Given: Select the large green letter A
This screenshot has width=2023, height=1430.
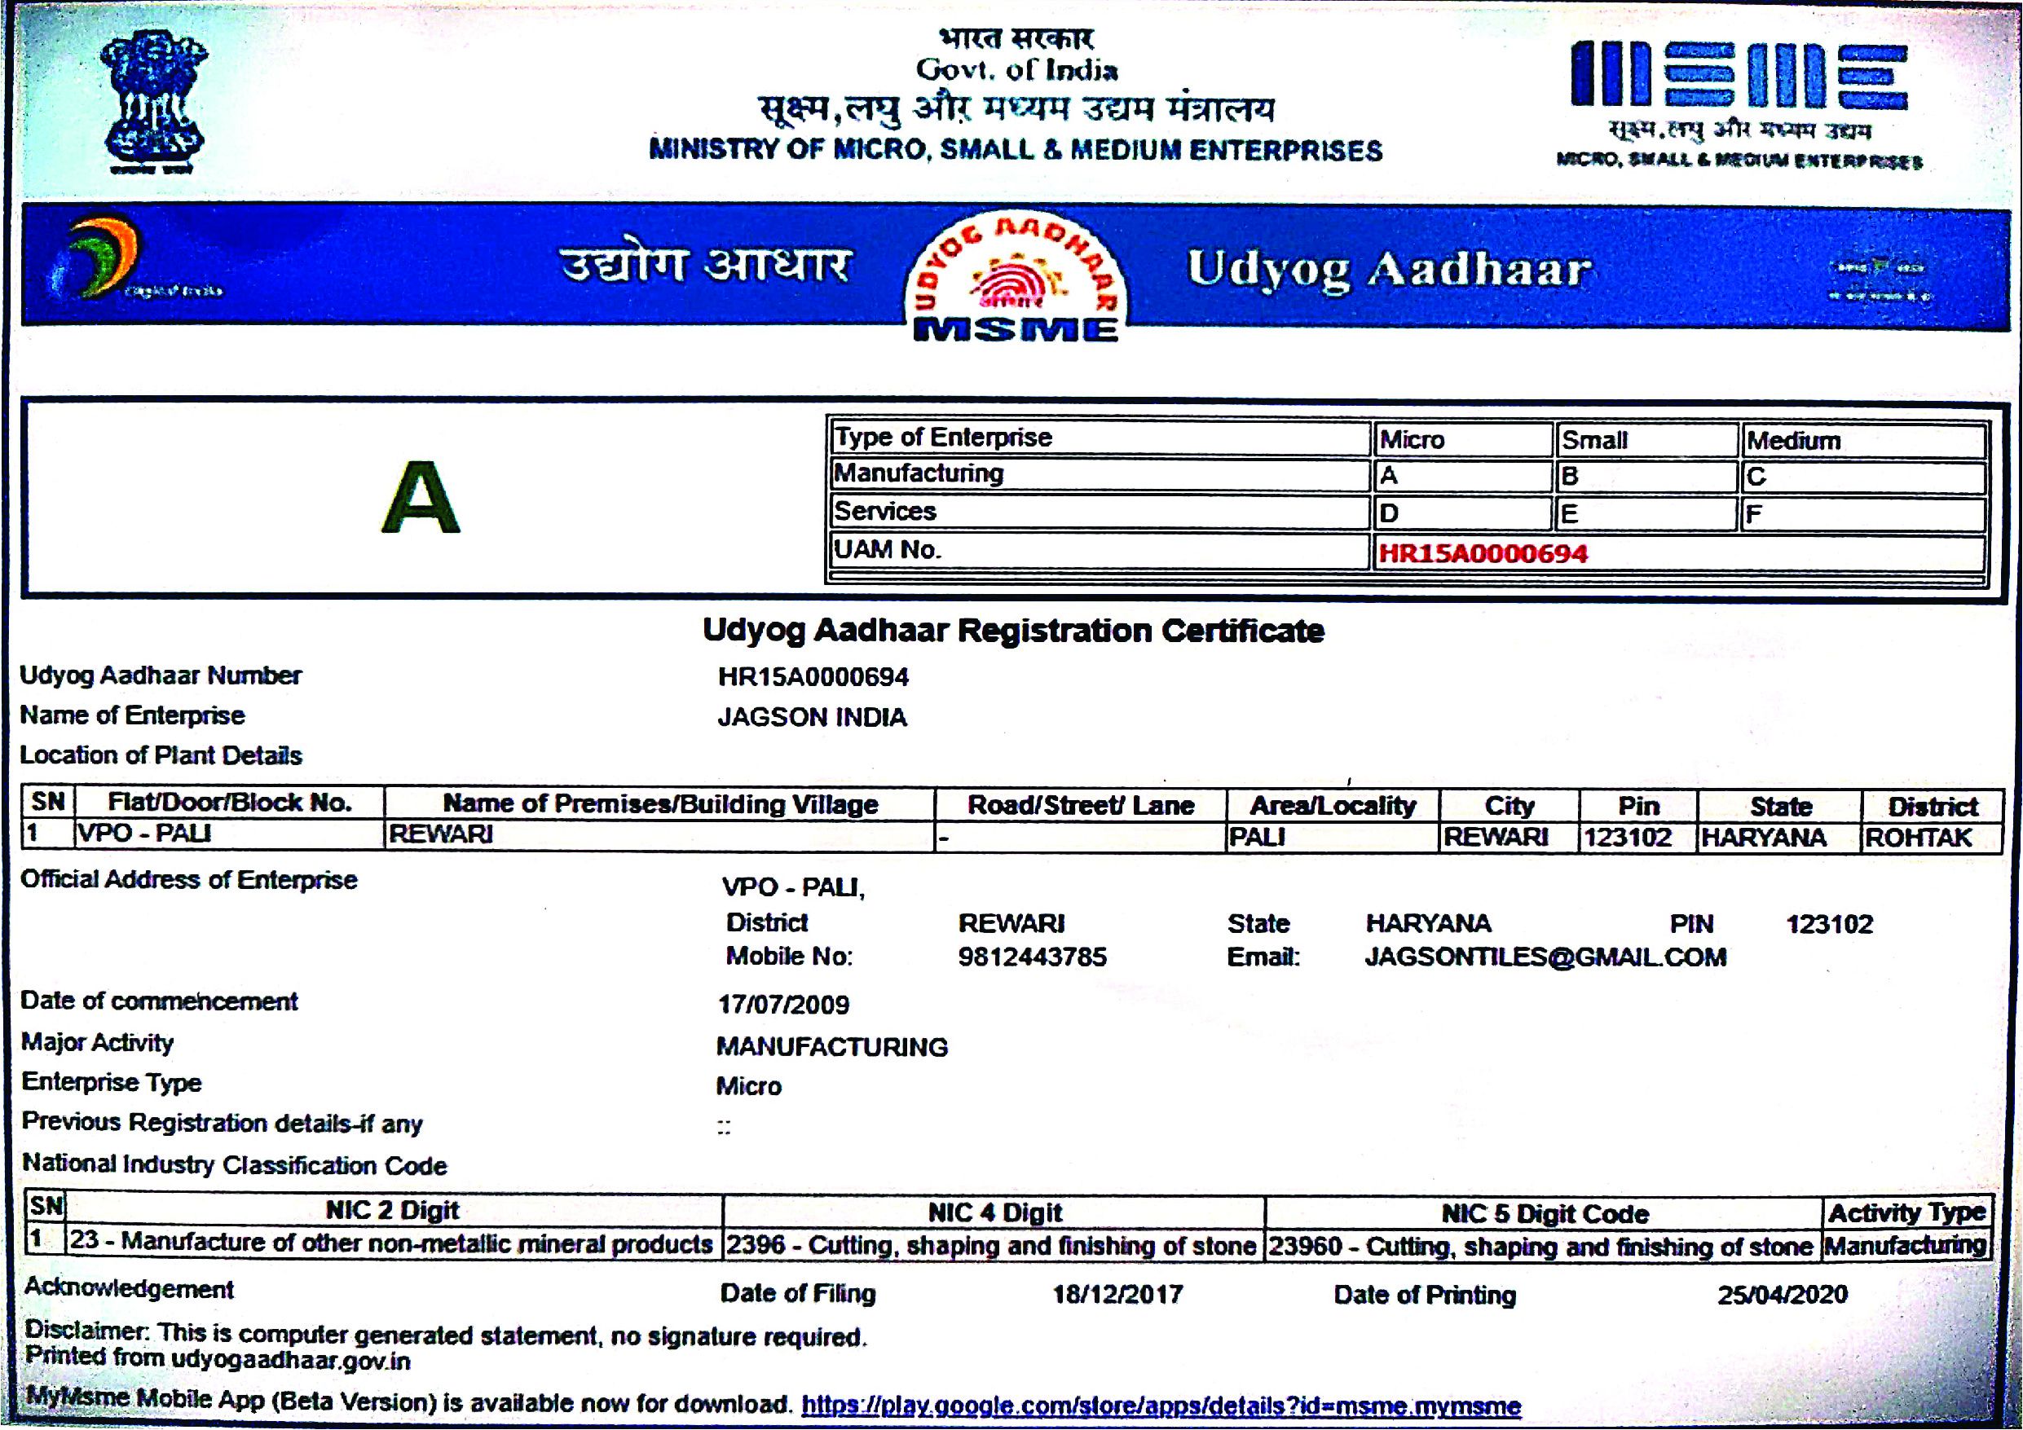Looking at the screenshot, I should pos(421,499).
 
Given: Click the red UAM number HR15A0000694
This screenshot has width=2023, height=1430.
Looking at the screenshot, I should pos(1483,553).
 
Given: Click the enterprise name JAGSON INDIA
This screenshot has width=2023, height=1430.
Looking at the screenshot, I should pos(812,717).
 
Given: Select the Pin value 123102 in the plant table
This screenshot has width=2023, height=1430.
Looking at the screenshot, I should pos(1627,836).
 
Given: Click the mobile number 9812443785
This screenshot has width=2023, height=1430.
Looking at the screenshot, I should pos(1032,957).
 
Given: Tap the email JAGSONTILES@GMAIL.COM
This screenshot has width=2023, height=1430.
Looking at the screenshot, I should pos(1545,957).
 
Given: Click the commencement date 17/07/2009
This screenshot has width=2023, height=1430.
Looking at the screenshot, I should pos(783,1005).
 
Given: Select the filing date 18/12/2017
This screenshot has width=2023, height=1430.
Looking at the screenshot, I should pos(1117,1294).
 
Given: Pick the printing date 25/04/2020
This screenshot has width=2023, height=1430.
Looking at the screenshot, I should pos(1782,1294).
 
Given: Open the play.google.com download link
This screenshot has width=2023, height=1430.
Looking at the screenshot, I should pos(1161,1406).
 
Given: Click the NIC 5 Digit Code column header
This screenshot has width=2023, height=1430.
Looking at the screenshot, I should pos(1544,1214).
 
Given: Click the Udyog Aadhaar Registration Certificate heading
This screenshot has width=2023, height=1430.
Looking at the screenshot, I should pos(1012,631).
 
